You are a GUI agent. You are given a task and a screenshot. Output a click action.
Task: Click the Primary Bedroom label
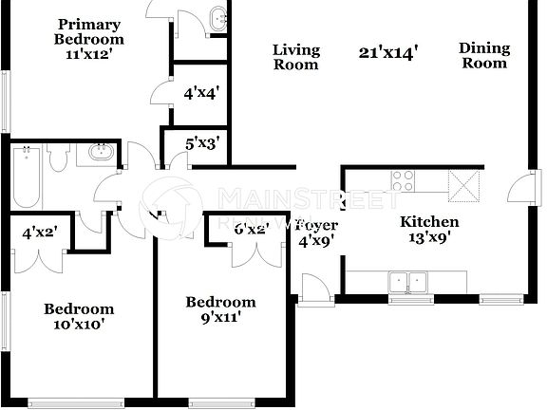[88, 32]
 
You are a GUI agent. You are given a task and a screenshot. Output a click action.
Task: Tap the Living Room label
[296, 57]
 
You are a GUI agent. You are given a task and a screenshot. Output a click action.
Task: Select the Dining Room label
[483, 55]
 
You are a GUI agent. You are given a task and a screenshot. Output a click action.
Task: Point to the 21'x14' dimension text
[389, 50]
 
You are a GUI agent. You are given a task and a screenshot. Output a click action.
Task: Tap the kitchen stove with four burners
[404, 180]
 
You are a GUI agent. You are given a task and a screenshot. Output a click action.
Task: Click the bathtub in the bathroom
[26, 177]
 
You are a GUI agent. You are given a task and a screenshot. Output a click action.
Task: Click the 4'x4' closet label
[201, 93]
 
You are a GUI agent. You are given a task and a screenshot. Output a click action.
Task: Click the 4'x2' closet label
[39, 230]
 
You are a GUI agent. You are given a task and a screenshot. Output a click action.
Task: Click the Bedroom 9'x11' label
[219, 310]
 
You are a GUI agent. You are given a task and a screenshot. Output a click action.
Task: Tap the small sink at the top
[218, 17]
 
